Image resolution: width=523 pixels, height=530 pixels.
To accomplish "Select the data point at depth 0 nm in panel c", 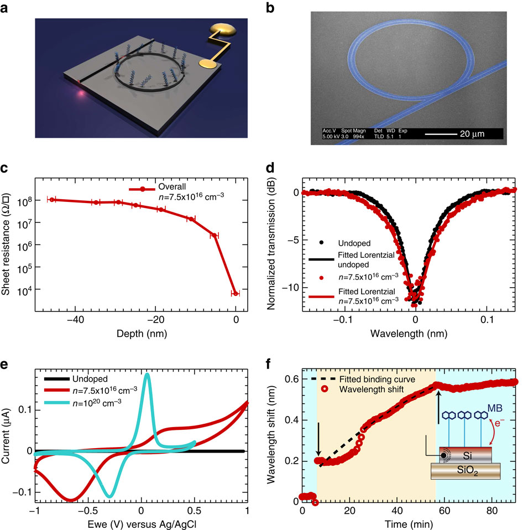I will coord(236,294).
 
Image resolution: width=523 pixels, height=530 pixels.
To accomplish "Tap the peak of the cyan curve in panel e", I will coord(147,375).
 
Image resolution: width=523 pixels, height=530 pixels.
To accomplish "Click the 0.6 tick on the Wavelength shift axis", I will coord(290,378).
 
